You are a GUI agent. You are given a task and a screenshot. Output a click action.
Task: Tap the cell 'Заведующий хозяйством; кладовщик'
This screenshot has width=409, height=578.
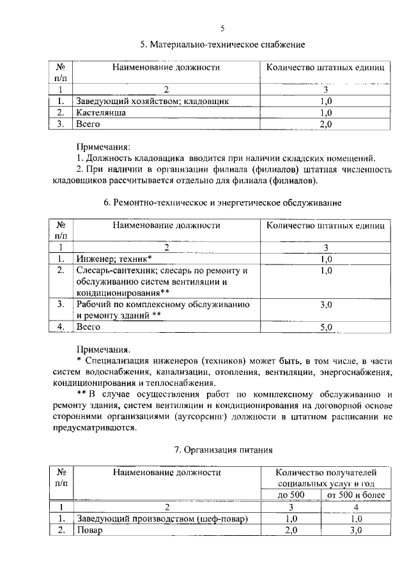(152, 101)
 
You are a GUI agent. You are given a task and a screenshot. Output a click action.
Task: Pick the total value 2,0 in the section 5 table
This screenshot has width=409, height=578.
(326, 124)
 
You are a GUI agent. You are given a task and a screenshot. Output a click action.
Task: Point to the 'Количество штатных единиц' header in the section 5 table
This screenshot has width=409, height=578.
(326, 67)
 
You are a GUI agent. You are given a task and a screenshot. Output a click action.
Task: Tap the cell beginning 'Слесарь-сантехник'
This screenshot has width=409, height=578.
(160, 270)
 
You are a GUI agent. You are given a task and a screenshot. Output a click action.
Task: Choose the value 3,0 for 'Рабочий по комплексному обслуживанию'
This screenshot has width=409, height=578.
(326, 305)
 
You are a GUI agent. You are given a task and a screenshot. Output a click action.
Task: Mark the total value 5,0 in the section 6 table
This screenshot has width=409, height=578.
(326, 327)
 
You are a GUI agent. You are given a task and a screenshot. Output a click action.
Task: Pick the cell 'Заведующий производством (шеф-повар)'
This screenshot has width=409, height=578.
(162, 519)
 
